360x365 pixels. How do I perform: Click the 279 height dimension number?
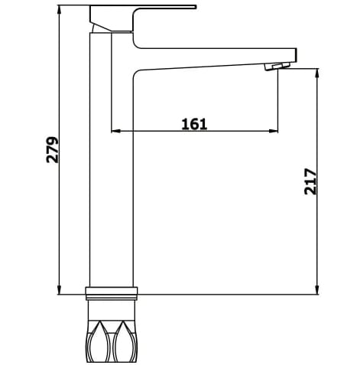pyautogui.click(x=53, y=150)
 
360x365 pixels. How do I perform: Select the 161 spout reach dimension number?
pyautogui.click(x=194, y=123)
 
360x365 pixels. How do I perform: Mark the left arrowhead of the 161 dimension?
pyautogui.click(x=116, y=131)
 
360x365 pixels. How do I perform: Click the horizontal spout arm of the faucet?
pyautogui.click(x=214, y=59)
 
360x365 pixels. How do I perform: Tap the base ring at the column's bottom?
pyautogui.click(x=113, y=291)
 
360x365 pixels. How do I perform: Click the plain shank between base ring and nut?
pyautogui.click(x=113, y=307)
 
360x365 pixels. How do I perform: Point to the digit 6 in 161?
pyautogui.click(x=194, y=123)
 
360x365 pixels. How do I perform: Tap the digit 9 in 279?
pyautogui.click(x=53, y=142)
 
